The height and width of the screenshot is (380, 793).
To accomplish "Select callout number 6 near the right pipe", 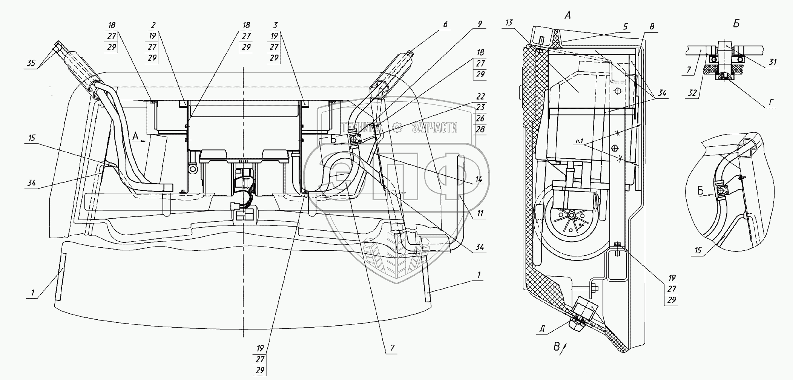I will pyautogui.click(x=445, y=25).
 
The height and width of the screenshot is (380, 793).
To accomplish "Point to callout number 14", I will pyautogui.click(x=479, y=179).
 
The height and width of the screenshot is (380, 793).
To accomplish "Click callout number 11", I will pyautogui.click(x=480, y=213).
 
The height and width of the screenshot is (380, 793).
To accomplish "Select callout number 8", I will pyautogui.click(x=652, y=27).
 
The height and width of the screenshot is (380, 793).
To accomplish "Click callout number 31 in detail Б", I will pyautogui.click(x=772, y=62).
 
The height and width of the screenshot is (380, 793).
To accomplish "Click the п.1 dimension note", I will pyautogui.click(x=580, y=141).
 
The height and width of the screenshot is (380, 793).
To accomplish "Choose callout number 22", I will pyautogui.click(x=480, y=97).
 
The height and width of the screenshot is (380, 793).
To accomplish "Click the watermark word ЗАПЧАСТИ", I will pyautogui.click(x=434, y=128).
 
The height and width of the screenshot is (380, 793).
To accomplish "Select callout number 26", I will pyautogui.click(x=480, y=118).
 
